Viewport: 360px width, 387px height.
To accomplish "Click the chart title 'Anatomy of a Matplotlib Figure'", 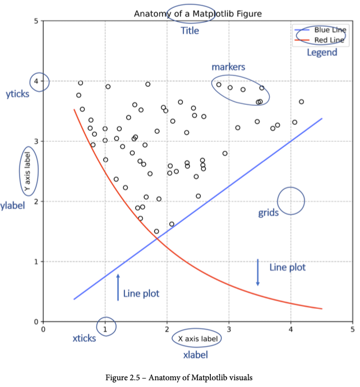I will point(190,13).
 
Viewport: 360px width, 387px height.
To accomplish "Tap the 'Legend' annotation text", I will point(322,53).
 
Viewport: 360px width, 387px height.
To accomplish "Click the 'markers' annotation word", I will point(228,67).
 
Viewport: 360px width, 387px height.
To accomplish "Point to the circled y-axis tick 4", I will point(39,82).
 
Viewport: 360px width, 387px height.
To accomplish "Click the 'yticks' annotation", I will point(17,95).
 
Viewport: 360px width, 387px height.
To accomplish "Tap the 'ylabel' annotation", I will point(13,206).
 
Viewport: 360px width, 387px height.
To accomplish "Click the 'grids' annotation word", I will point(268,213).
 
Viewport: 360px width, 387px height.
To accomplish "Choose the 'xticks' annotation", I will point(85,338).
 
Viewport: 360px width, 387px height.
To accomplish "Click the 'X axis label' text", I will point(196,339).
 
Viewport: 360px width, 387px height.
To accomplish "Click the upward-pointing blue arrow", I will point(118,287).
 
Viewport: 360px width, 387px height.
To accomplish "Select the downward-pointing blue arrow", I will point(258,272).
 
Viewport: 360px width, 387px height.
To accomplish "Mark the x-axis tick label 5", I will point(352,328).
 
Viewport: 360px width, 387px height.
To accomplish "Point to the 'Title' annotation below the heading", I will point(190,31).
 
